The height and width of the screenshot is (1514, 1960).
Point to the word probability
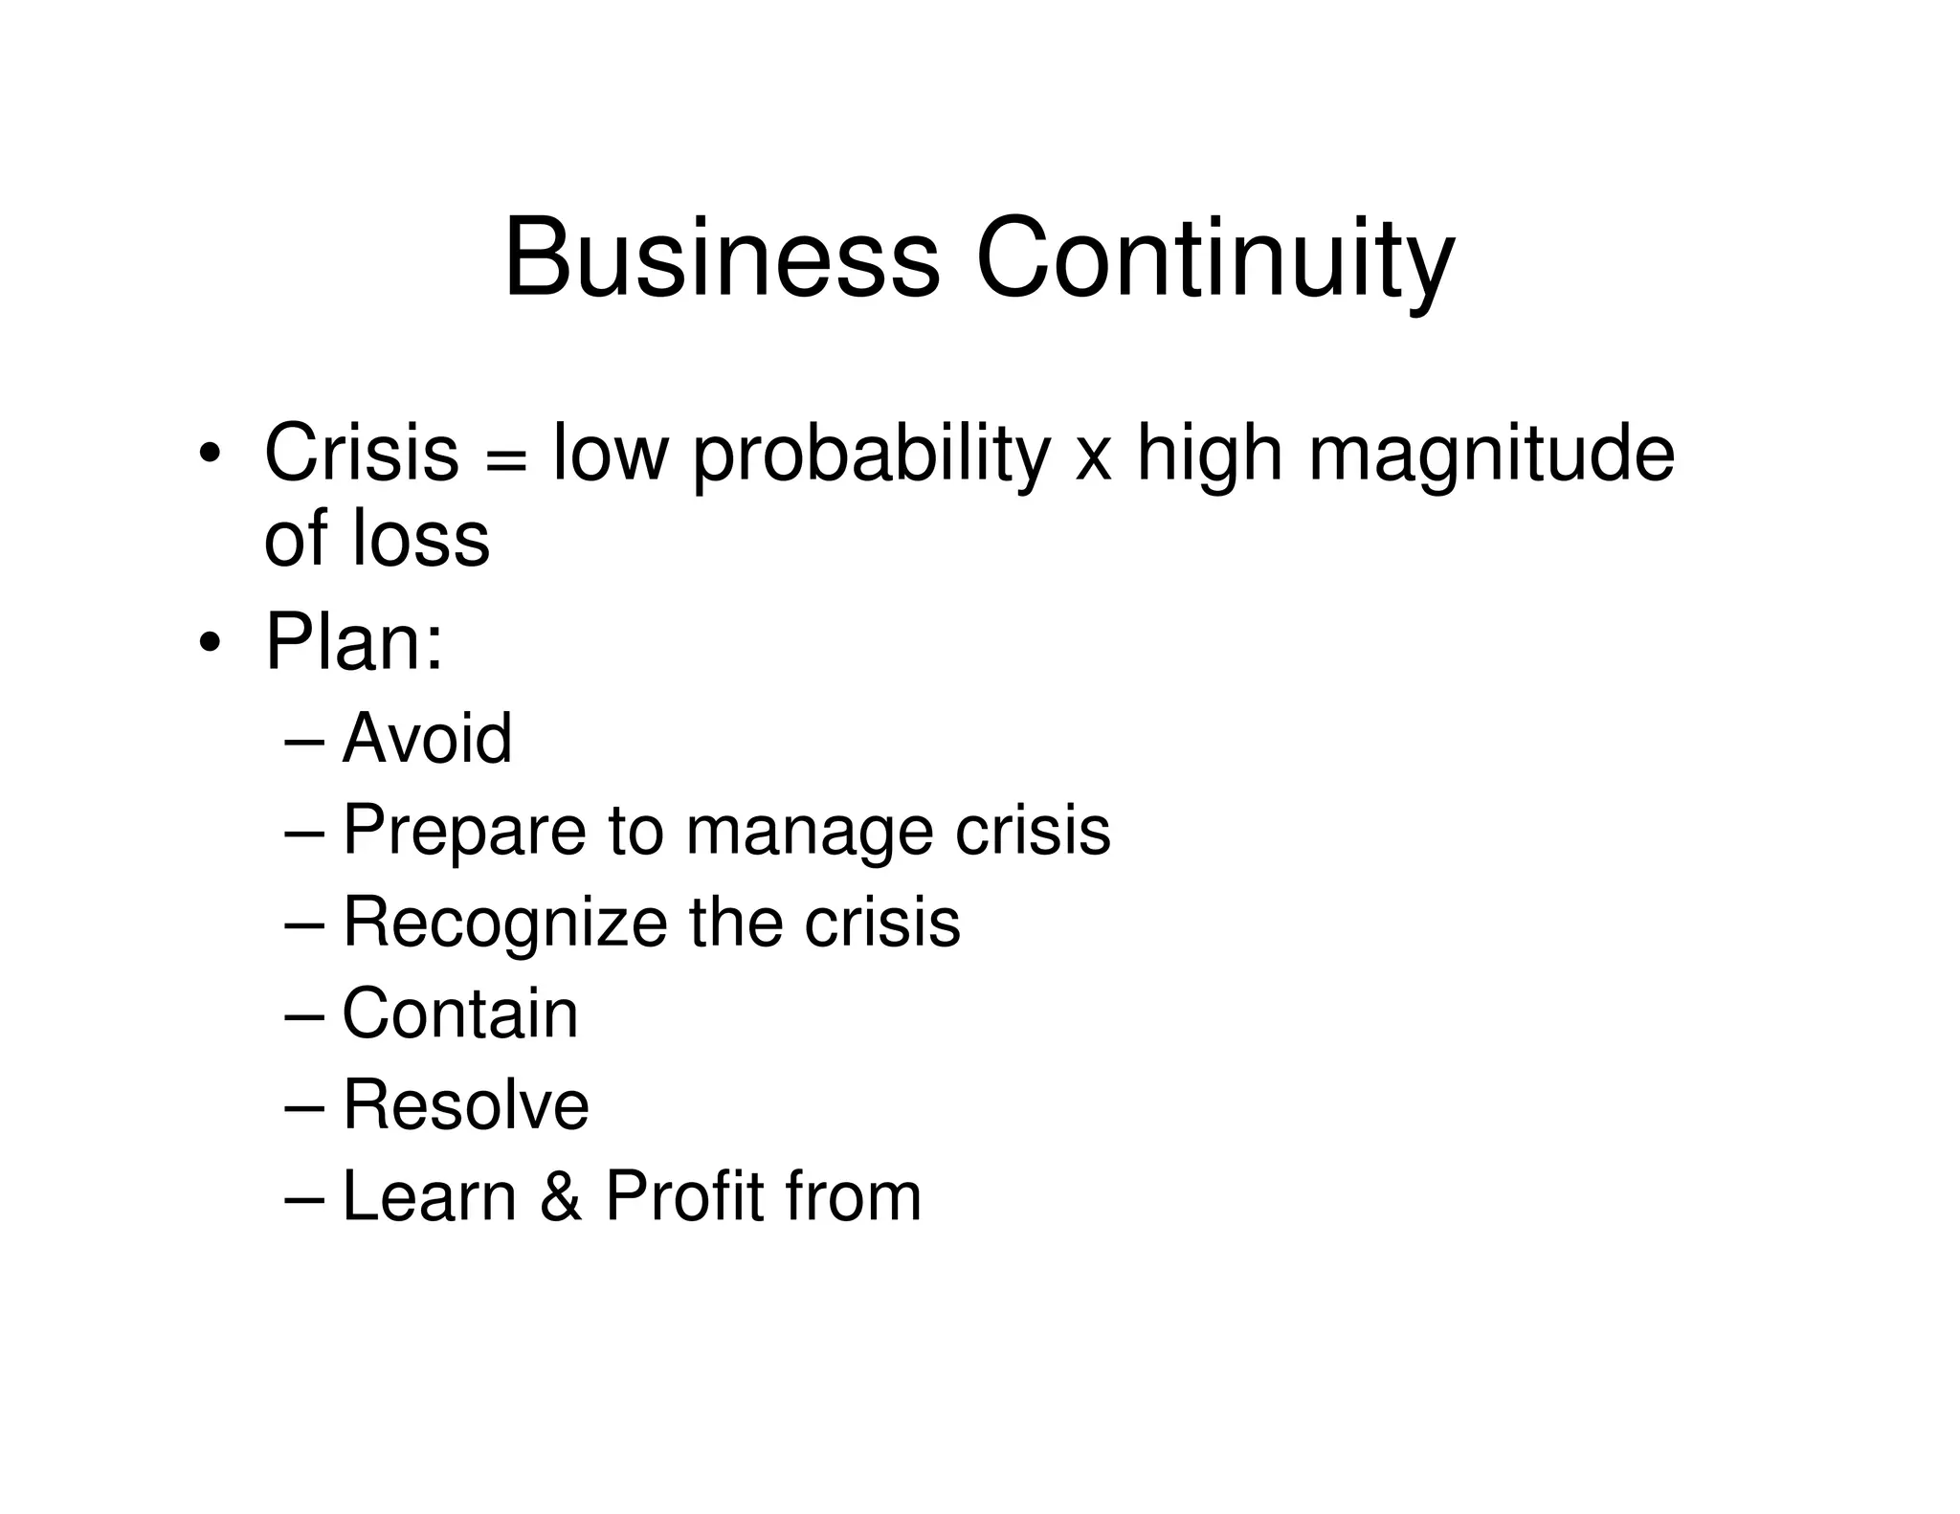(x=871, y=456)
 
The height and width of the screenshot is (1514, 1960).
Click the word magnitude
(x=1491, y=456)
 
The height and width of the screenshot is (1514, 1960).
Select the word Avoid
(x=427, y=738)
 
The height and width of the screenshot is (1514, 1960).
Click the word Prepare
(x=464, y=831)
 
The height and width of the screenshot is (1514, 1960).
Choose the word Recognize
(x=504, y=924)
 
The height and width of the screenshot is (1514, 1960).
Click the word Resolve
(x=465, y=1104)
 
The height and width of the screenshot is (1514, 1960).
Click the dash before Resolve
(x=305, y=1108)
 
